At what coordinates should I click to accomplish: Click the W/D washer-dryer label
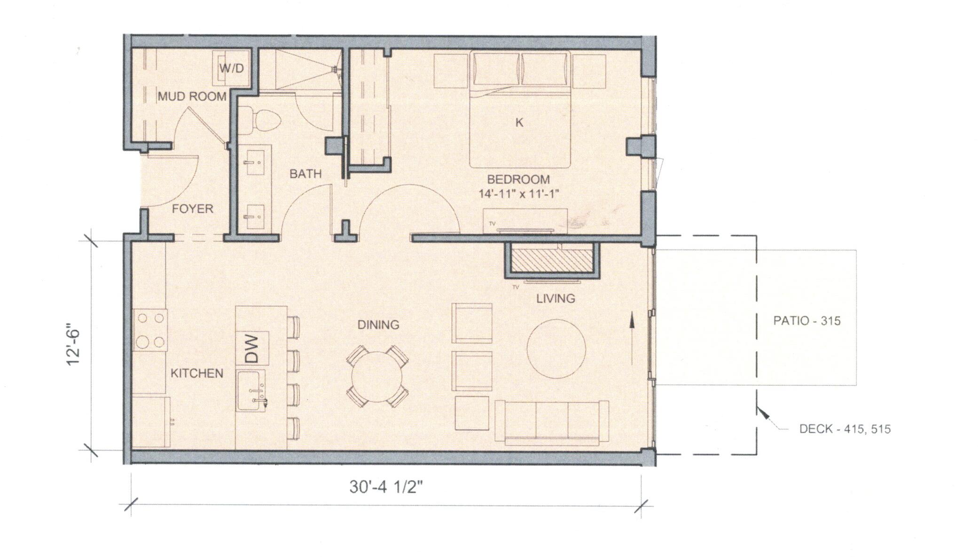tap(232, 68)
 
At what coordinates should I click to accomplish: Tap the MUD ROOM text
tap(192, 97)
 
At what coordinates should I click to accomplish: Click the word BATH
tap(305, 174)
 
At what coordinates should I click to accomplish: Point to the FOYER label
tap(192, 209)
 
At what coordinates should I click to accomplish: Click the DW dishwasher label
tap(253, 348)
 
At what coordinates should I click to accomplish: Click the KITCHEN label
tap(196, 374)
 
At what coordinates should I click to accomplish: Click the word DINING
tap(378, 325)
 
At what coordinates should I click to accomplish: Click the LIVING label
tap(556, 299)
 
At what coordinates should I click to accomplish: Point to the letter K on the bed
tap(519, 123)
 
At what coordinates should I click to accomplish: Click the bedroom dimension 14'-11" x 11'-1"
tap(518, 193)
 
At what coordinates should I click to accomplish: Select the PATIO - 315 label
tap(807, 321)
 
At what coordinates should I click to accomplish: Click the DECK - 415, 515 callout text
tap(845, 429)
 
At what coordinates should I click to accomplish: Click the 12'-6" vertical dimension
tap(74, 346)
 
